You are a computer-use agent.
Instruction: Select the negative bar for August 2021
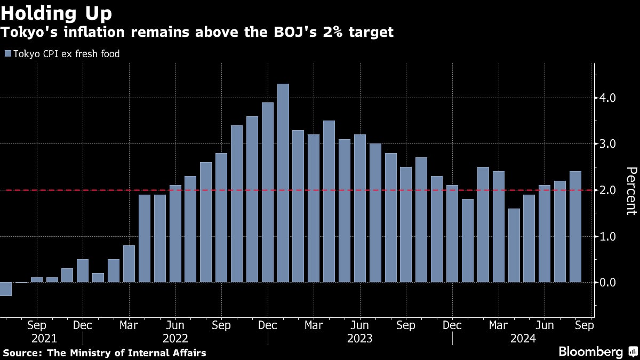(x=6, y=289)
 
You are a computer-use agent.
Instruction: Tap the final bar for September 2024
(x=575, y=227)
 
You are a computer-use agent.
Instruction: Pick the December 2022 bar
(x=268, y=192)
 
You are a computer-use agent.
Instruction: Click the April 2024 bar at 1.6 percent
(x=514, y=245)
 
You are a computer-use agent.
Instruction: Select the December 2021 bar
(x=83, y=270)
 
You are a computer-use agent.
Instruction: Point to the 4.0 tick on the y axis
(x=607, y=98)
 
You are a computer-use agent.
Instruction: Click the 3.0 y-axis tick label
(x=607, y=144)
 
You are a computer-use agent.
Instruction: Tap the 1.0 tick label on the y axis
(x=607, y=236)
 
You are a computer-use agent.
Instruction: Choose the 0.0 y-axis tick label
(x=607, y=282)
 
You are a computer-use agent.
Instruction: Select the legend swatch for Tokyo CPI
(x=7, y=53)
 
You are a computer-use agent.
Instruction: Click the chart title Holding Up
(x=56, y=12)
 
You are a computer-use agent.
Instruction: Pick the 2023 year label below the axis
(x=359, y=338)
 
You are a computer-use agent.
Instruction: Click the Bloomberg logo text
(x=590, y=351)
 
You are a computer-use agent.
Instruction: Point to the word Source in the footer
(x=21, y=353)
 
